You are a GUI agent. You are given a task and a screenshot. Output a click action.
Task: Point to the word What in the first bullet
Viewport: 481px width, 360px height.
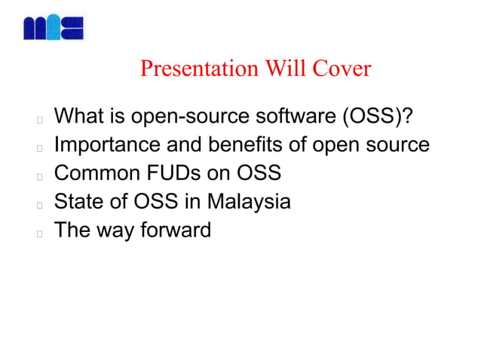(81, 117)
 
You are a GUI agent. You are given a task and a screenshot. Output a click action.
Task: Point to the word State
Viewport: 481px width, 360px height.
(78, 202)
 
